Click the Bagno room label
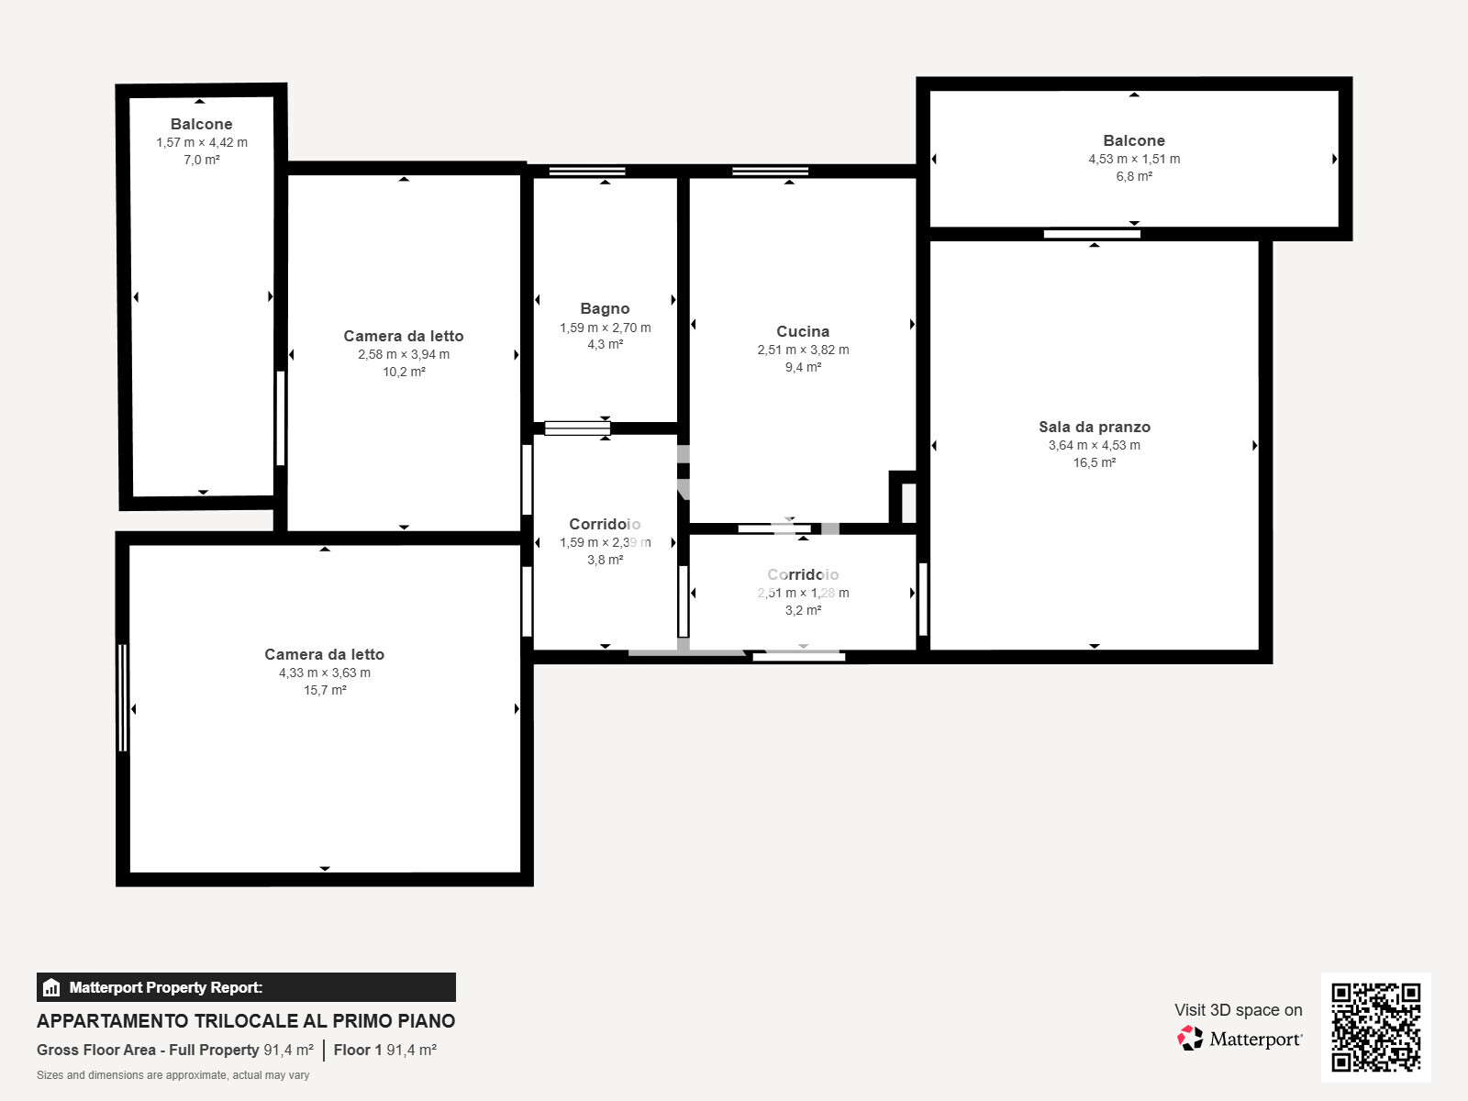click(x=605, y=308)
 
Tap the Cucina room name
click(x=803, y=331)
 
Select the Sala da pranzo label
click(x=1094, y=427)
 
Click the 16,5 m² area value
click(x=1094, y=462)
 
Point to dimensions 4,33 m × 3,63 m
click(x=325, y=673)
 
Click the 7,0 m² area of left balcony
click(x=202, y=160)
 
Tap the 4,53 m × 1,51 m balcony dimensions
click(x=1134, y=159)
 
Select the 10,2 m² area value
click(x=404, y=372)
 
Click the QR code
click(x=1375, y=1027)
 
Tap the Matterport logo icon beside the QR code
click(x=1190, y=1038)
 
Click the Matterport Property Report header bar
click(x=246, y=987)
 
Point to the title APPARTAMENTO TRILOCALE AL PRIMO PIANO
click(x=246, y=1021)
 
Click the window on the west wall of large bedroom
click(x=122, y=697)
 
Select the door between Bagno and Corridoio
click(x=577, y=428)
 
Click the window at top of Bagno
click(x=587, y=171)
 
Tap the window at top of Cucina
click(x=771, y=171)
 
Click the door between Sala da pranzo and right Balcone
click(x=1092, y=234)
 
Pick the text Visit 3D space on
click(x=1238, y=1009)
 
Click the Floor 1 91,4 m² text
click(x=384, y=1050)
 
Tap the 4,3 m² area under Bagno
click(x=605, y=344)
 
